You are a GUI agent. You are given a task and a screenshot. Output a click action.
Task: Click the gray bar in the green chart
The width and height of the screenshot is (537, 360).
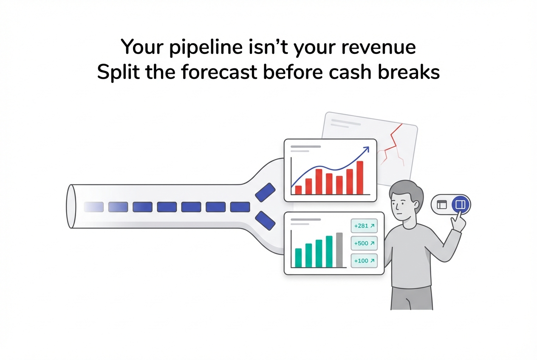point(339,250)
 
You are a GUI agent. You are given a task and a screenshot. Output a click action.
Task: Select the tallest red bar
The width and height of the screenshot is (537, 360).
point(360,177)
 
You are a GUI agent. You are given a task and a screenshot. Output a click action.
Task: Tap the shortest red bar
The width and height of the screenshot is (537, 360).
point(298,190)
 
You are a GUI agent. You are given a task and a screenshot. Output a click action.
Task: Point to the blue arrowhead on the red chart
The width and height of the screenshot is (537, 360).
point(366,150)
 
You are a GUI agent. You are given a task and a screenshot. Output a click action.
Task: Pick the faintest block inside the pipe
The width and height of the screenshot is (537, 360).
point(93,207)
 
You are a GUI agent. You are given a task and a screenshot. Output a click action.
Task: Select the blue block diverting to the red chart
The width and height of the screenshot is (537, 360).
point(265,193)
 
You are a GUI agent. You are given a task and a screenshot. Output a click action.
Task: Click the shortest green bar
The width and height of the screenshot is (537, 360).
point(298,258)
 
